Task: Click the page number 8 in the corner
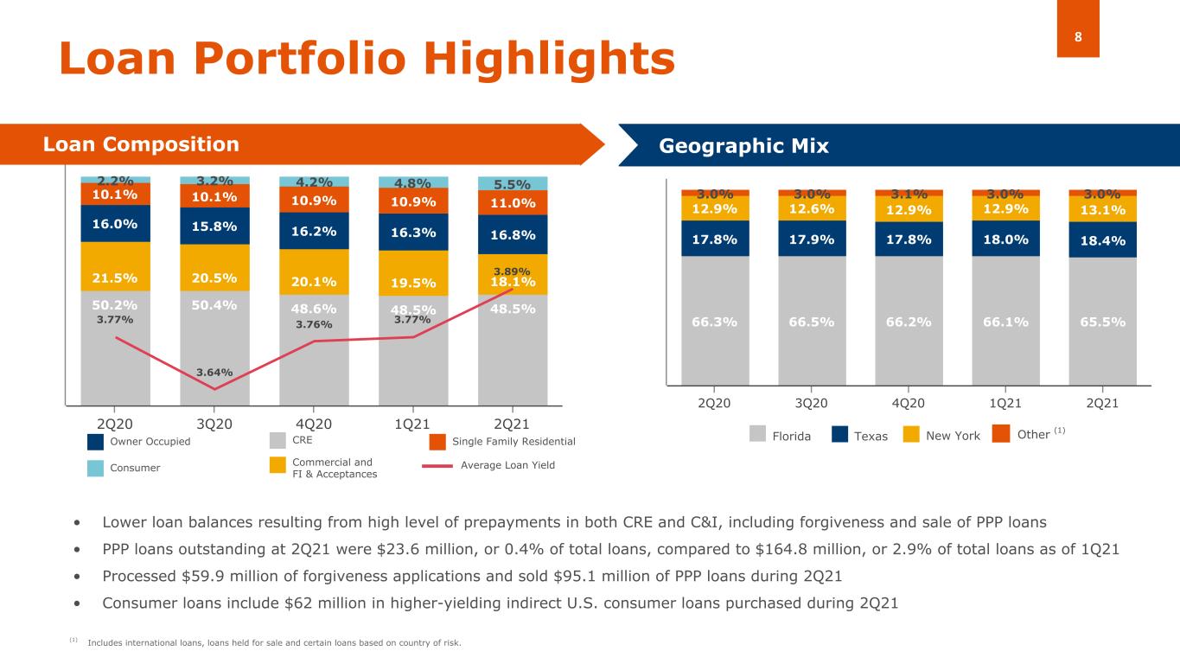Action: click(1078, 36)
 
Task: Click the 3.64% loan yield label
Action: click(214, 373)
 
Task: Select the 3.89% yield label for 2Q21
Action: click(513, 271)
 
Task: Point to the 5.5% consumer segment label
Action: click(513, 184)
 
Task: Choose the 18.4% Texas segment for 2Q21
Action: click(1102, 239)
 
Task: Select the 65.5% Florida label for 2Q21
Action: click(1102, 322)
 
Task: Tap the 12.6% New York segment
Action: click(812, 208)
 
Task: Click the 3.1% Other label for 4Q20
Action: click(909, 194)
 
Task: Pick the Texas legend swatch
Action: click(839, 435)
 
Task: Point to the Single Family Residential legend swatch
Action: click(437, 442)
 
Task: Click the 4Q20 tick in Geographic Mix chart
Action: click(909, 403)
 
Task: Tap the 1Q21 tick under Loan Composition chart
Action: click(412, 424)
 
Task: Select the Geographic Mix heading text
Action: click(743, 146)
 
